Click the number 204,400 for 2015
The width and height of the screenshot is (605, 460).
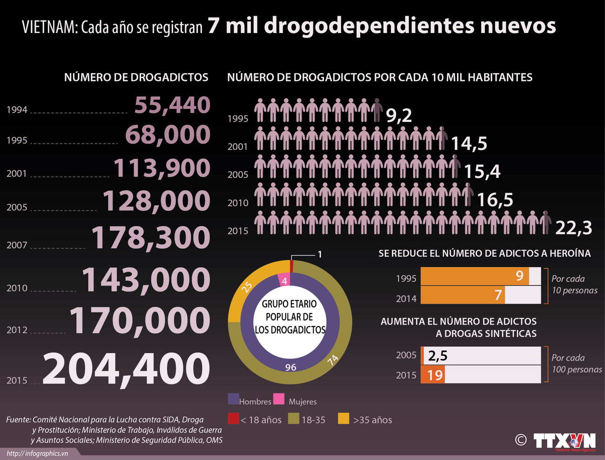127,369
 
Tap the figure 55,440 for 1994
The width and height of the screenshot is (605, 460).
172,105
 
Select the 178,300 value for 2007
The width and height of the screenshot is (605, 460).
150,237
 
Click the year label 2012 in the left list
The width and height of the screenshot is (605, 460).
17,330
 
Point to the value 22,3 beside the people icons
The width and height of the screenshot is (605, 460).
573,228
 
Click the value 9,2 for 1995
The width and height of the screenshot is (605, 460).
399,115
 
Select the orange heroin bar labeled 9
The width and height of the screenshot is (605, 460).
475,276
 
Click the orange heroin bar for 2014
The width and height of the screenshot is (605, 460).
463,295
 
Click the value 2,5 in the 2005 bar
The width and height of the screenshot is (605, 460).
437,356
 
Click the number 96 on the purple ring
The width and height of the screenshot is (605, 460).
290,367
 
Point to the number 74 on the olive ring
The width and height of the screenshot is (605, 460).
332,360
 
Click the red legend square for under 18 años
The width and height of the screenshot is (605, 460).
233,418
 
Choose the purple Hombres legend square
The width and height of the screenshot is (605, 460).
233,399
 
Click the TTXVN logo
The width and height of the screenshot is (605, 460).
564,441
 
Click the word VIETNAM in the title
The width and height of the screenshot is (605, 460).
48,27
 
